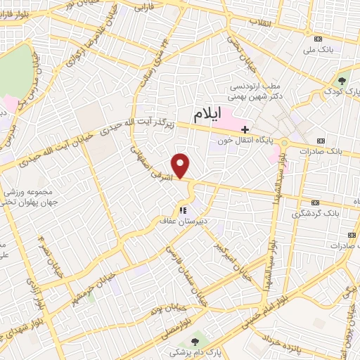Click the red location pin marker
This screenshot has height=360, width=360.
pos(181,166)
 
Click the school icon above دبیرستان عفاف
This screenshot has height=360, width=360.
pos(183,210)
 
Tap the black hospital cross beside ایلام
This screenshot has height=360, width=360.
pos(245,129)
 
